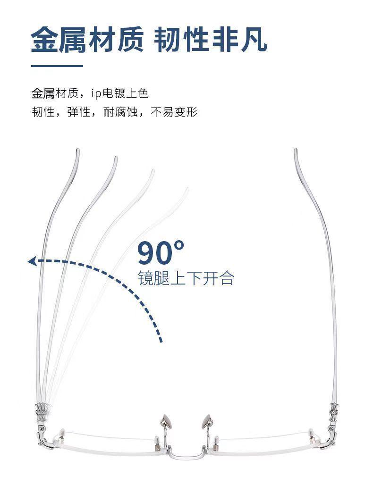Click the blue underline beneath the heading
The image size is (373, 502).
57,66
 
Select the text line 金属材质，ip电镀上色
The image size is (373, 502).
90,93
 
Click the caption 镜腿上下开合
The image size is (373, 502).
186,278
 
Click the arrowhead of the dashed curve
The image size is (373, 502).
32,261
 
